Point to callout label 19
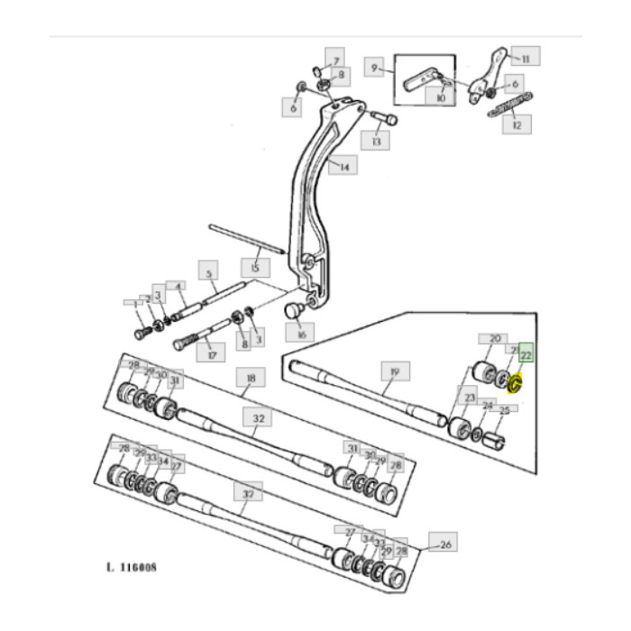[x=394, y=371]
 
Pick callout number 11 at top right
[x=525, y=57]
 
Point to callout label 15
[x=255, y=268]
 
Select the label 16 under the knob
[x=301, y=334]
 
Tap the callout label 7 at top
[x=334, y=61]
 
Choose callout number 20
[x=494, y=339]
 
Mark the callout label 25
[x=505, y=410]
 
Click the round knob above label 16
[x=294, y=309]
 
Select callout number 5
[x=209, y=271]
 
